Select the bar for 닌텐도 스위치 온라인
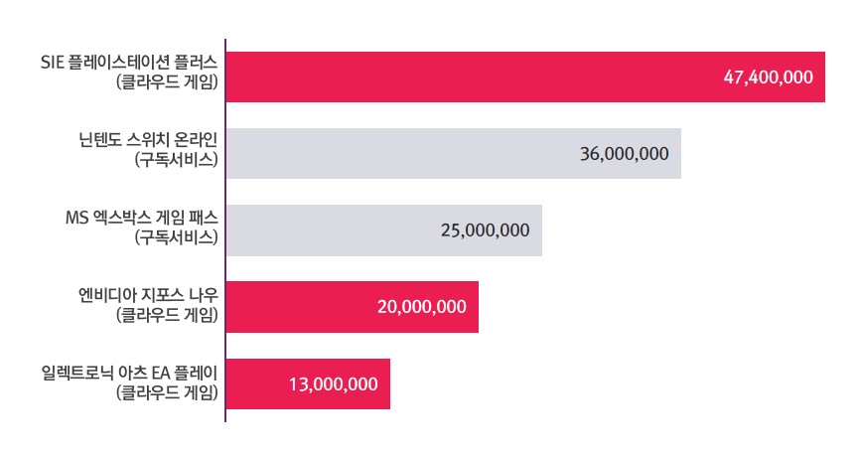(397, 153)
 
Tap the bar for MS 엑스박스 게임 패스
(328, 230)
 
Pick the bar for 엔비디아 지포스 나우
(298, 307)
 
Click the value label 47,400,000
(769, 77)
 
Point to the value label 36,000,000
(624, 154)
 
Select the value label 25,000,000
(485, 230)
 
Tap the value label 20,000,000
(422, 307)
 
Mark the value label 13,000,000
(334, 383)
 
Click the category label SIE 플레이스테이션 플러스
(129, 63)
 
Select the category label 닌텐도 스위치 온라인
(148, 139)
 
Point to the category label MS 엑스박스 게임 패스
(140, 217)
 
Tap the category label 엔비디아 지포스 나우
(148, 293)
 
